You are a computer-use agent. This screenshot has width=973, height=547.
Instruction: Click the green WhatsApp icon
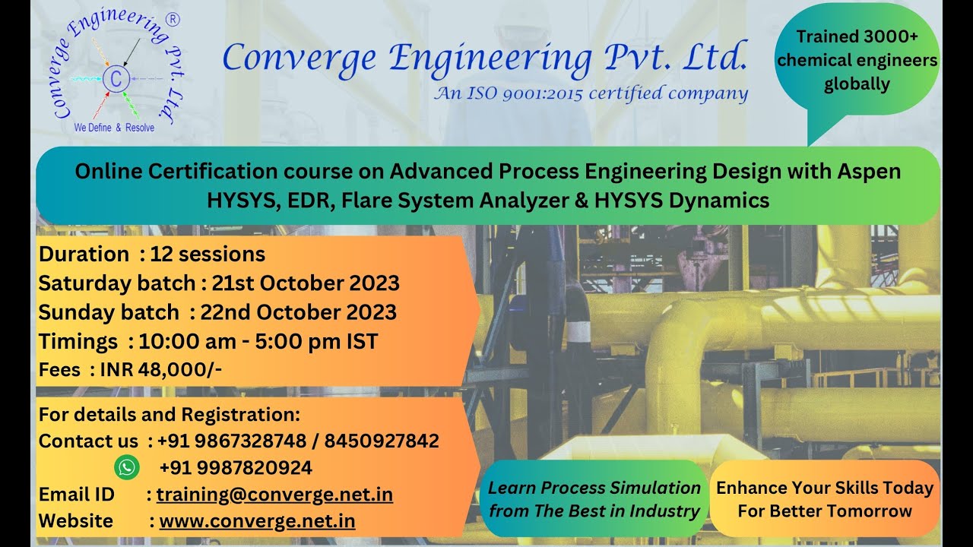tap(127, 467)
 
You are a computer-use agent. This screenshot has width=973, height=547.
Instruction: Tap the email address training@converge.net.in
tap(274, 495)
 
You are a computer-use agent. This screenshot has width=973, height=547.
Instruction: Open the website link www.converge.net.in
tap(257, 521)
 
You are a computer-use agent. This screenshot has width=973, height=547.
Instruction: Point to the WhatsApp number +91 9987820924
tap(236, 467)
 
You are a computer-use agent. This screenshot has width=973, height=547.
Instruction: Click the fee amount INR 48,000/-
tap(161, 369)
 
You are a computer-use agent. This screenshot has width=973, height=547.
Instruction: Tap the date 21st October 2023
tap(306, 283)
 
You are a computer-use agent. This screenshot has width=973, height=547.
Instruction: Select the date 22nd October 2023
tap(298, 312)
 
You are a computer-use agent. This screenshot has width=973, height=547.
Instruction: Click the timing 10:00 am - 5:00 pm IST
tap(258, 341)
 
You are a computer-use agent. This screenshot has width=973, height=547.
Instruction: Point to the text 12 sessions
tap(208, 254)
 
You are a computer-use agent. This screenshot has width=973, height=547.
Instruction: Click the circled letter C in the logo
tap(116, 78)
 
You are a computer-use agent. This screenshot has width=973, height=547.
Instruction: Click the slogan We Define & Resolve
tap(114, 128)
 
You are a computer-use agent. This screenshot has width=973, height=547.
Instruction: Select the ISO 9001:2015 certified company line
tap(591, 93)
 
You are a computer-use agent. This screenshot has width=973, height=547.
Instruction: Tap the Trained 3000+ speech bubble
tap(857, 61)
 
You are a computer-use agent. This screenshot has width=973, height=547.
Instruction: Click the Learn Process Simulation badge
tap(594, 499)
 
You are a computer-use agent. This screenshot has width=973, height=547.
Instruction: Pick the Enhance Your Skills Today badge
tap(825, 499)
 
